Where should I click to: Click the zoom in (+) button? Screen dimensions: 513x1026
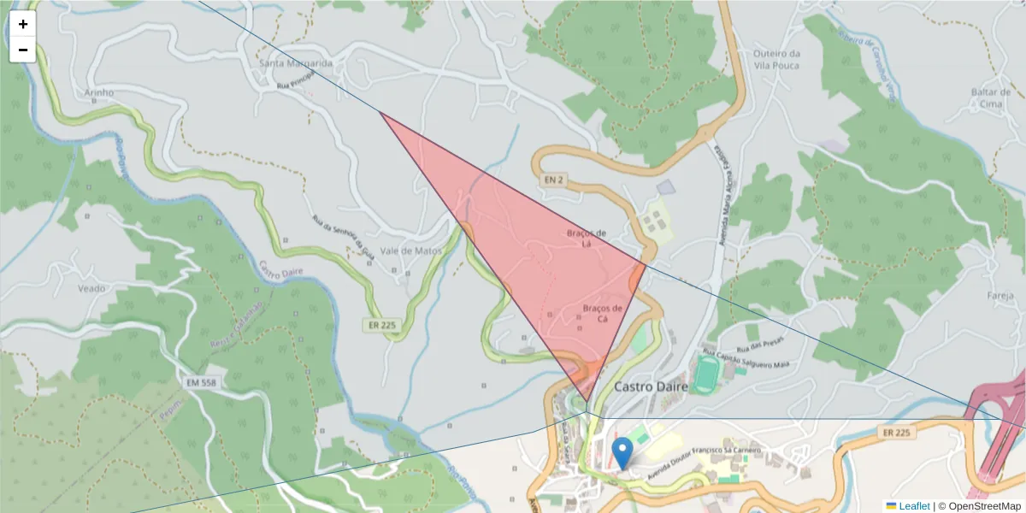[x=23, y=24]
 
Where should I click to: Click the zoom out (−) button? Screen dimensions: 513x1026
[x=23, y=50]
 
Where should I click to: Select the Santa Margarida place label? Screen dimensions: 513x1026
[x=296, y=63]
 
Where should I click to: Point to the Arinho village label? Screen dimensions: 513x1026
[x=99, y=92]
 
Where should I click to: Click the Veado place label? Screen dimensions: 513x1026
[x=91, y=288]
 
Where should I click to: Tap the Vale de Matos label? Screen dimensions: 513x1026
[x=410, y=251]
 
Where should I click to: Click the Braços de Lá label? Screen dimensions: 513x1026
[x=587, y=238]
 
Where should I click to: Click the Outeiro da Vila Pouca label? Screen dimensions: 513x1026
[x=776, y=60]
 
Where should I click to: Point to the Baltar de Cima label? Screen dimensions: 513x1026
[x=992, y=97]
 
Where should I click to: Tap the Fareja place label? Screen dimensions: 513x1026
[x=999, y=296]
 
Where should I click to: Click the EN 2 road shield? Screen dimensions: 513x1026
[x=553, y=180]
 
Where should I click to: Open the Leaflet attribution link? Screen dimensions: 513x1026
[x=914, y=506]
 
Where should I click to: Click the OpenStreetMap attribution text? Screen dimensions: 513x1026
[x=984, y=506]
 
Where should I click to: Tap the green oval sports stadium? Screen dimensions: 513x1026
[x=707, y=374]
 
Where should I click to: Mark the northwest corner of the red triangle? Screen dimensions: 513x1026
[x=380, y=112]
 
